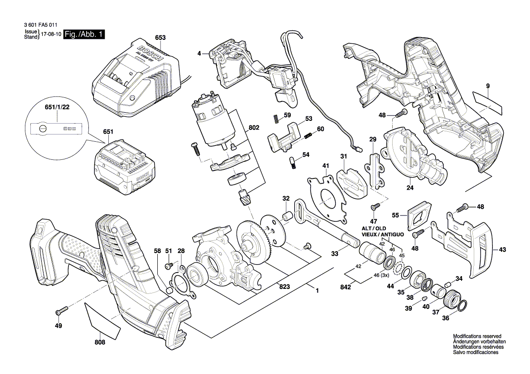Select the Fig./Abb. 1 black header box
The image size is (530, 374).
tap(85, 35)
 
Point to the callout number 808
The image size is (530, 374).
tap(100, 342)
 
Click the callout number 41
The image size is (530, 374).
tap(326, 165)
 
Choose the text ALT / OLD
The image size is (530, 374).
tap(374, 228)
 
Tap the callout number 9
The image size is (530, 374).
tap(488, 86)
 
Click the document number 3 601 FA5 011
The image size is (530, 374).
tap(41, 26)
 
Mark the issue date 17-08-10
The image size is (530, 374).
tap(51, 34)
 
